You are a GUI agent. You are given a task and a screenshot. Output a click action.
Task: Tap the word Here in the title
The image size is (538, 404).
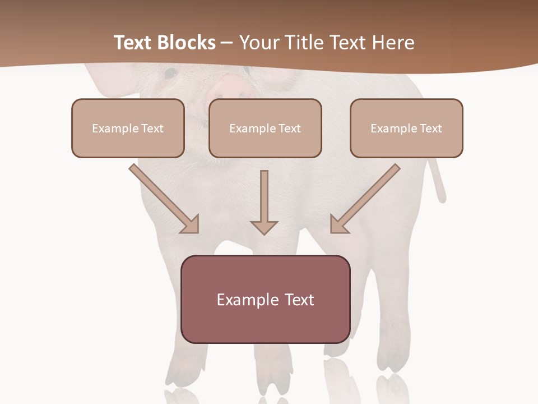point(393,43)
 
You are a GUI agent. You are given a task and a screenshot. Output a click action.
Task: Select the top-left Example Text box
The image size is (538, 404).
point(128,128)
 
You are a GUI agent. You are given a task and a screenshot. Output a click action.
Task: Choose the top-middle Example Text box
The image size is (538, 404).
point(265,128)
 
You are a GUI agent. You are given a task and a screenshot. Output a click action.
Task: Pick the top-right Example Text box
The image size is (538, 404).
point(406,128)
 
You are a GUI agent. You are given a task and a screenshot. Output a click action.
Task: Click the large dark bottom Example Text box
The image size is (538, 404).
point(265,299)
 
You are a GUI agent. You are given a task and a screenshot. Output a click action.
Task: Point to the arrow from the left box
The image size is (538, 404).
point(164,199)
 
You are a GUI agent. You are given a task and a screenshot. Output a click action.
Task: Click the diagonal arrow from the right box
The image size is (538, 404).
point(365,199)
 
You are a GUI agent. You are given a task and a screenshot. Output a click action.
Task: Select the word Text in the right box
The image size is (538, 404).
point(430,128)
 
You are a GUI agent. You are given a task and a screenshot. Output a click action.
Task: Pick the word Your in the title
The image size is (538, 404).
point(258,43)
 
